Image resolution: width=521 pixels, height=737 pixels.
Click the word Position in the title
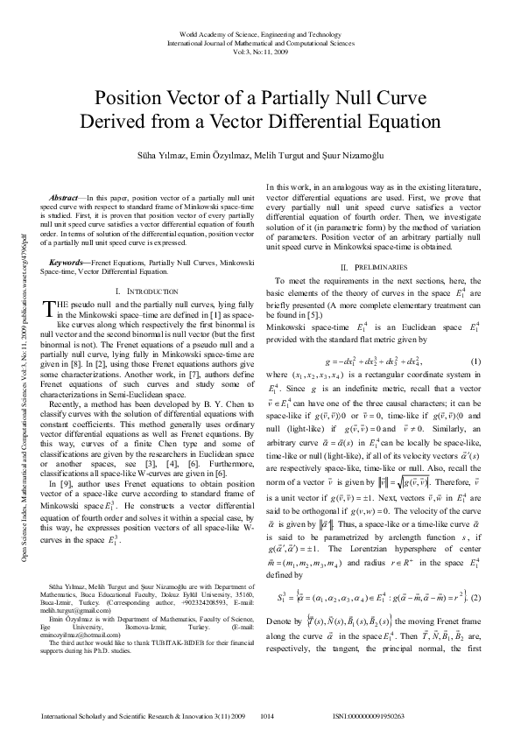132,99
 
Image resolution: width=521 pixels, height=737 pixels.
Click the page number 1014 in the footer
270,716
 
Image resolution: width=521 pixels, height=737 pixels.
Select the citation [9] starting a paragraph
57,483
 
